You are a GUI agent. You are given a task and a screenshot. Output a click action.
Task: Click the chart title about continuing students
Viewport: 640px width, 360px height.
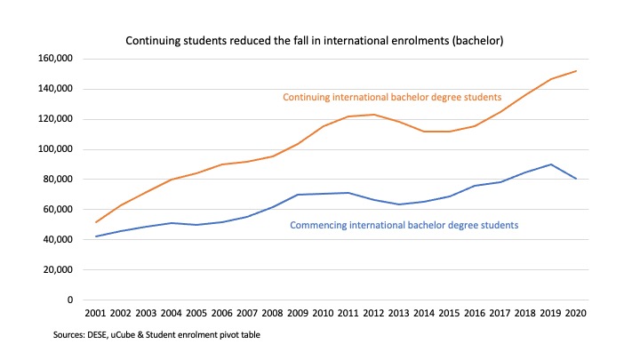321,41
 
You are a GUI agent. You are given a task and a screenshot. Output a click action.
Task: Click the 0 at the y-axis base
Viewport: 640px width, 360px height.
69,300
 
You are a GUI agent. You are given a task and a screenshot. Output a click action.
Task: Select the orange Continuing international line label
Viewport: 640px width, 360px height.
392,96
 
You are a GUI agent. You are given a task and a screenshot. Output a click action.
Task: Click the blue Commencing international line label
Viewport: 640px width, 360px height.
404,225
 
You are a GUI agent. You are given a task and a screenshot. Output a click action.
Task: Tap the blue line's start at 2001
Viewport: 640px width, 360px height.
96,236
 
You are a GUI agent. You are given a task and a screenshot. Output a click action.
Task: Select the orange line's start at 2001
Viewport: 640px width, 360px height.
96,222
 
